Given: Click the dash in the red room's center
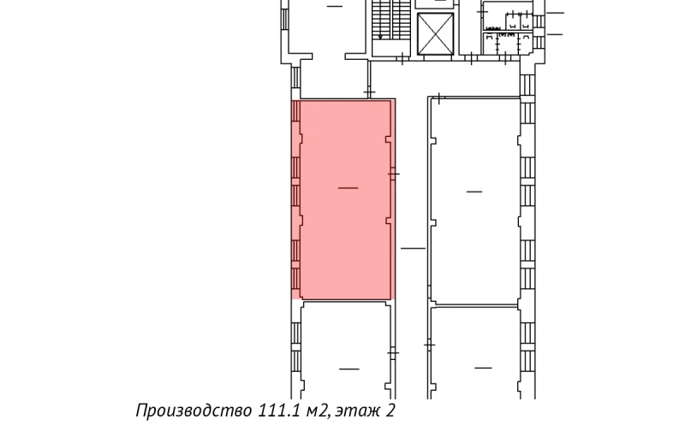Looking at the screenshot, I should coord(348,187).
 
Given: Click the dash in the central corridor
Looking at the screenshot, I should coord(413,249).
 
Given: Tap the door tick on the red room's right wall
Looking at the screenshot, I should coord(394,174).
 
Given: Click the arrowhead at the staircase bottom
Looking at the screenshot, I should coord(379,38).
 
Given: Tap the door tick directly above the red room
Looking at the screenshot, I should coord(370,90).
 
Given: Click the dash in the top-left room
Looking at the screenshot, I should coord(334,6).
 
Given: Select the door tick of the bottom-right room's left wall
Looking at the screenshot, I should coord(431,345).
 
